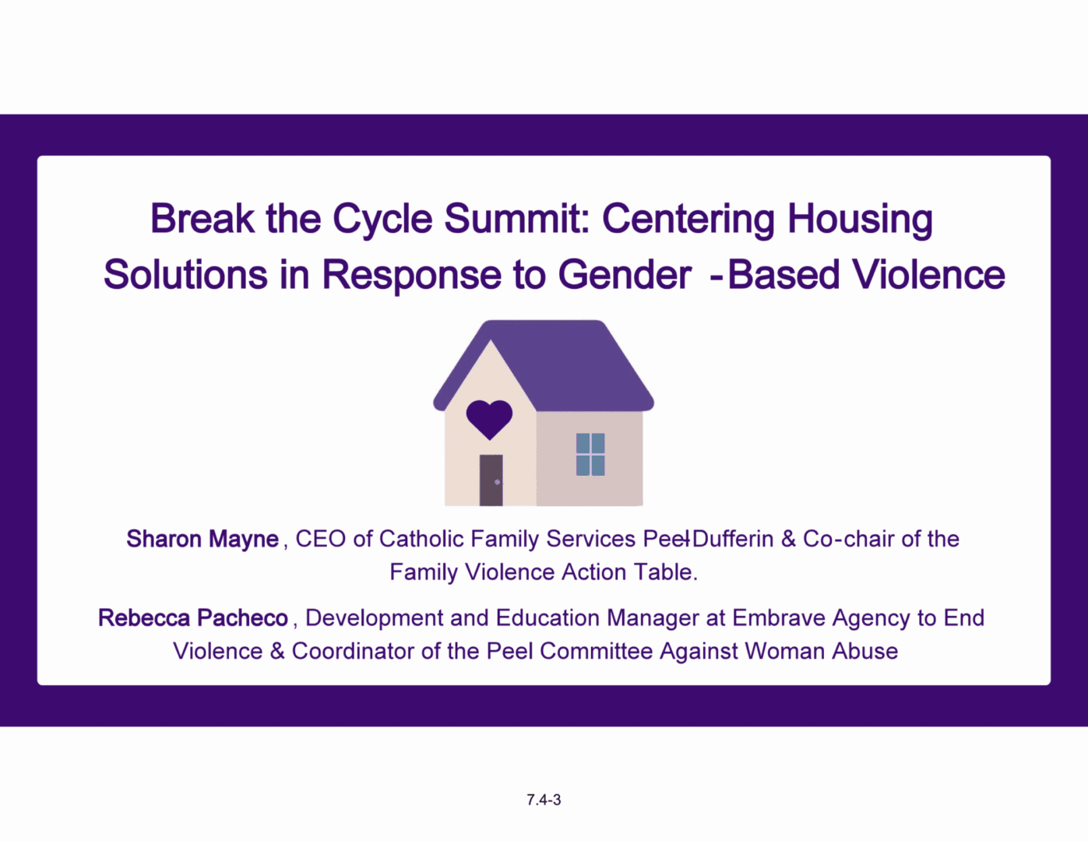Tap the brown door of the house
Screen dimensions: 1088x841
[x=491, y=480]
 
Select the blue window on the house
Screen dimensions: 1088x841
[x=590, y=454]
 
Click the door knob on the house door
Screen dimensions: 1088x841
[x=497, y=482]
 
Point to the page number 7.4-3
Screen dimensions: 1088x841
[x=544, y=800]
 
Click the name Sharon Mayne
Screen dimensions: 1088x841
[x=202, y=539]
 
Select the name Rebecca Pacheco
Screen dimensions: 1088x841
[x=193, y=618]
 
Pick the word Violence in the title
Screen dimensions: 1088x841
[x=929, y=274]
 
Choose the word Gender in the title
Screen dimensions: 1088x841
[x=625, y=274]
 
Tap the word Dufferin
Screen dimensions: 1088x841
[x=734, y=539]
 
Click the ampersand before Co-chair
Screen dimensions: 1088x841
[x=789, y=539]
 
